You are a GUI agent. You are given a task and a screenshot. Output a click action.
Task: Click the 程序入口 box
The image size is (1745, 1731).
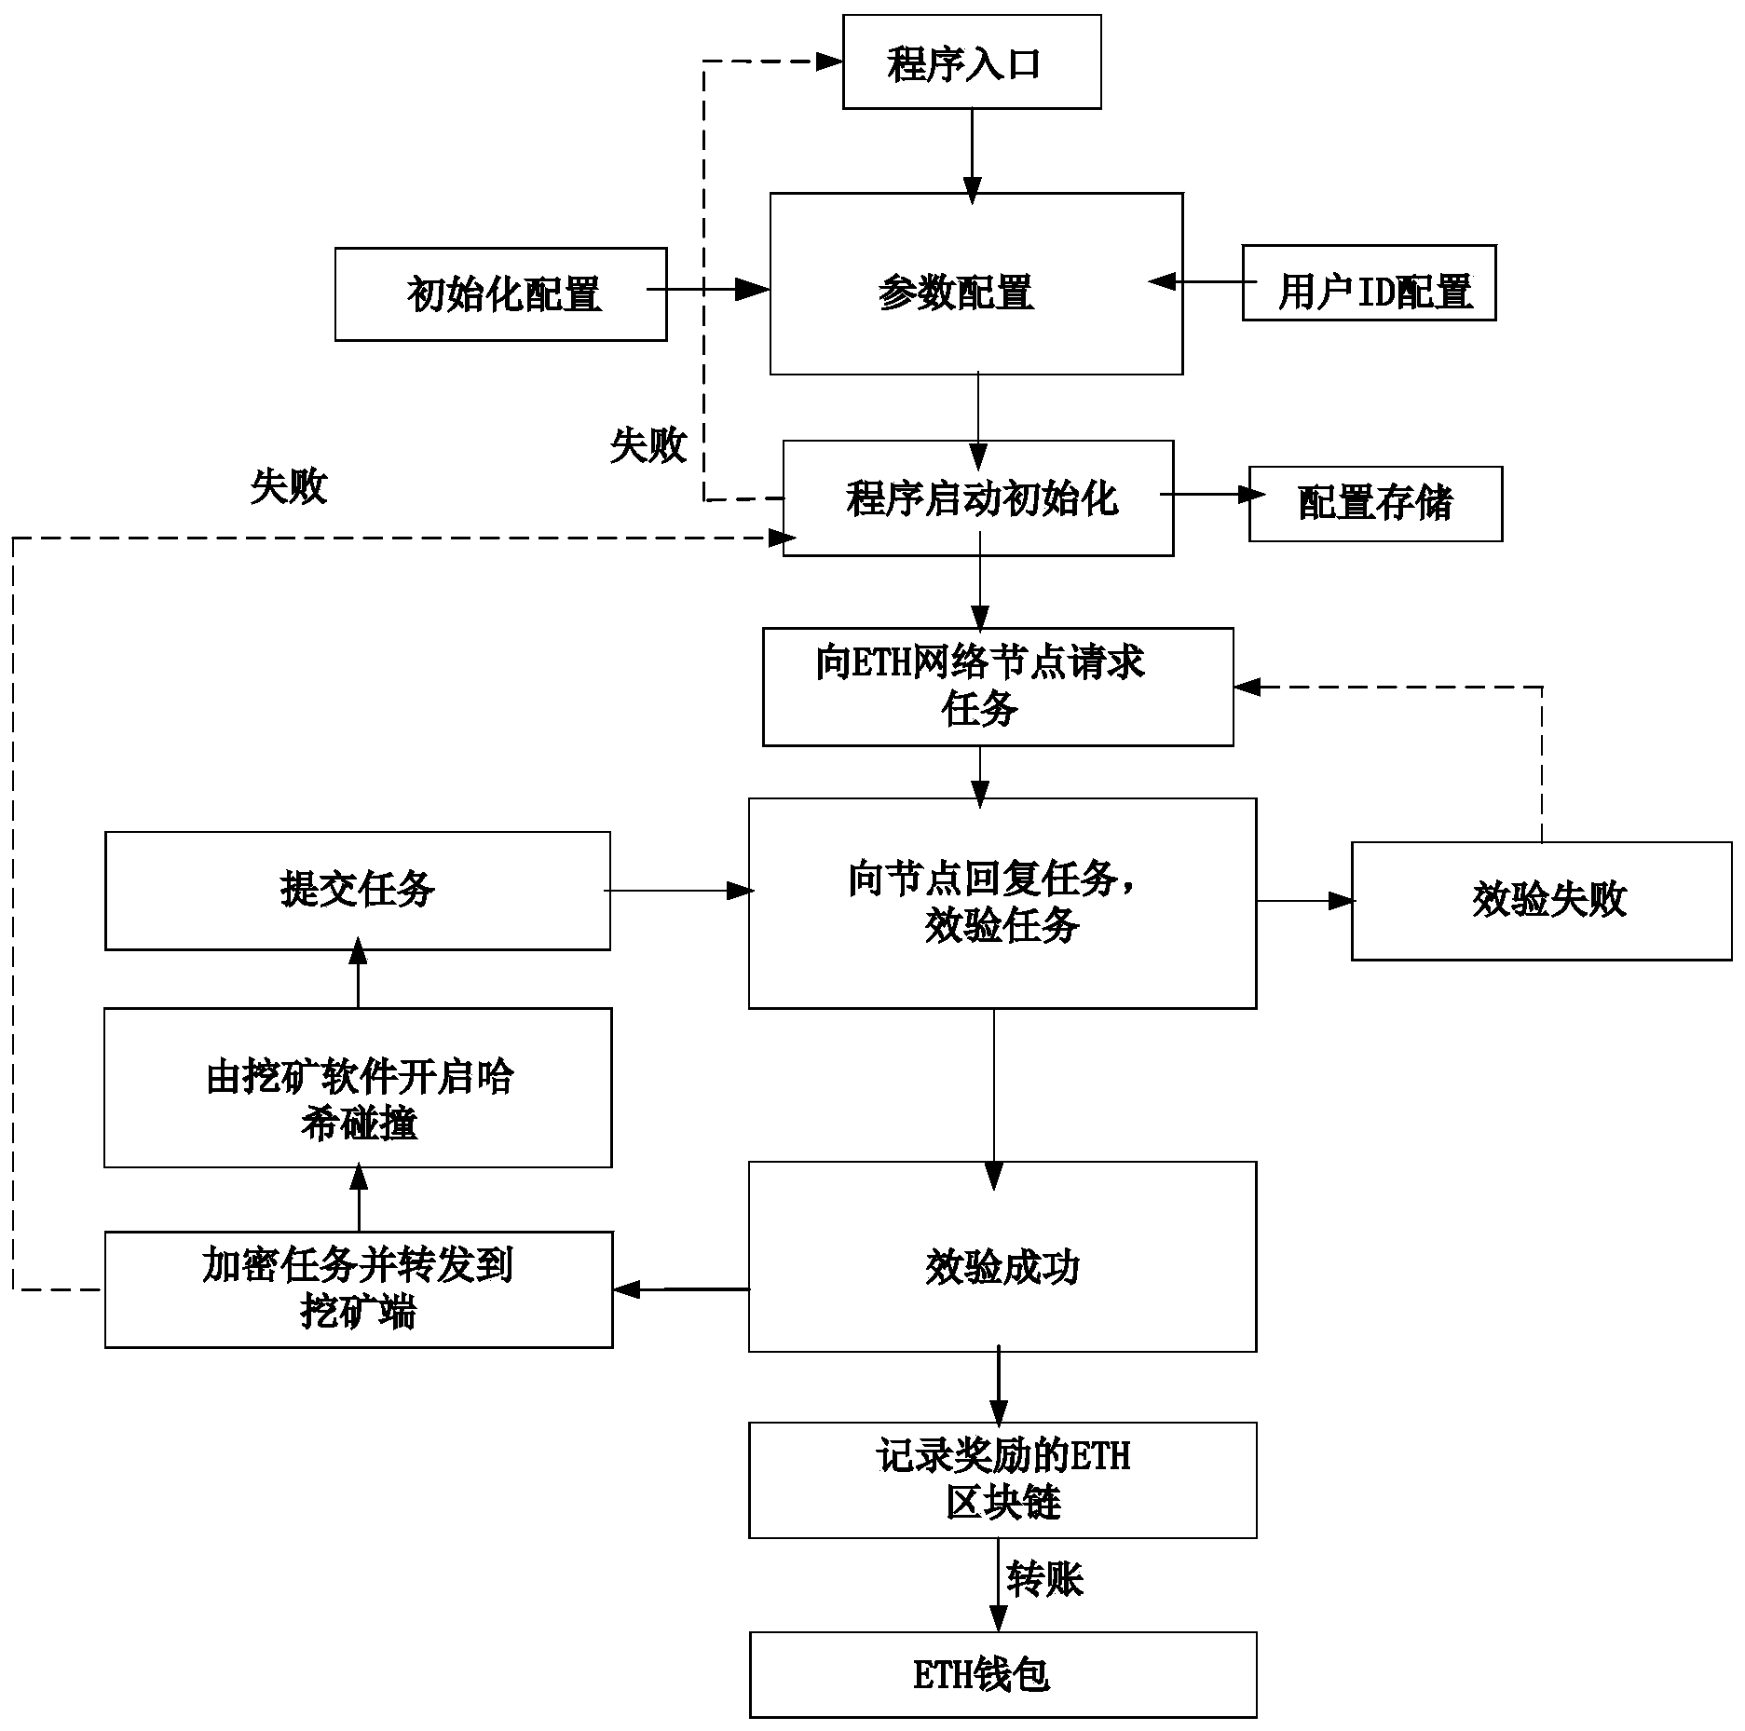point(971,62)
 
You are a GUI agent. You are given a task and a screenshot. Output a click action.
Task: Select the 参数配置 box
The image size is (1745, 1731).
point(975,284)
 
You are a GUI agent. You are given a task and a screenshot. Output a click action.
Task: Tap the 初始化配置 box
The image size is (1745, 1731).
point(500,294)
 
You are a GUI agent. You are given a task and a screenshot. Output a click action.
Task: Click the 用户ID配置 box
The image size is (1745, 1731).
point(1368,283)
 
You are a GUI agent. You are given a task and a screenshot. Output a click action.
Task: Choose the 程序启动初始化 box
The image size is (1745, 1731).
point(977,498)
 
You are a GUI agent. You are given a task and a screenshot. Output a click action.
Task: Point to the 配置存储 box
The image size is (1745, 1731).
point(1374,504)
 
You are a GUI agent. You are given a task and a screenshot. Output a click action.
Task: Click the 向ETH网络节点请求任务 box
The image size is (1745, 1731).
point(997,687)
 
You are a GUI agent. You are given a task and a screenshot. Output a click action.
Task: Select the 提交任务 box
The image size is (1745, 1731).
point(357,891)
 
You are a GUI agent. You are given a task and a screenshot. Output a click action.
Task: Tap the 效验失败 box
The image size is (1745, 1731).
point(1541,901)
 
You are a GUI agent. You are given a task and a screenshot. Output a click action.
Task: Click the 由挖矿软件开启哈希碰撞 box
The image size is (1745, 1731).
point(358,1087)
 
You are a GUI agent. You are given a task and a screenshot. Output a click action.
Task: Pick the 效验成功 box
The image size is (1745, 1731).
point(1002,1257)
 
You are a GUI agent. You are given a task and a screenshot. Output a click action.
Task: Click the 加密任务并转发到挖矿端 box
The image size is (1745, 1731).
point(358,1289)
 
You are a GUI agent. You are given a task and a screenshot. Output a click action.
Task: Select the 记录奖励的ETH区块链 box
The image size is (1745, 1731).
point(1002,1479)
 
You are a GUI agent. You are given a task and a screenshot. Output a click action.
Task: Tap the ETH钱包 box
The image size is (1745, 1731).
point(1002,1674)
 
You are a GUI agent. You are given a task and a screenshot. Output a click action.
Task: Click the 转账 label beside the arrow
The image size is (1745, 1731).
point(1044,1579)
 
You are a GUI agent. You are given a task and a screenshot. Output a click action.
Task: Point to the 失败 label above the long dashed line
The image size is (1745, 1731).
point(289,486)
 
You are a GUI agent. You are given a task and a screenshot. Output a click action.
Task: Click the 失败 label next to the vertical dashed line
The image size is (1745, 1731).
point(648,446)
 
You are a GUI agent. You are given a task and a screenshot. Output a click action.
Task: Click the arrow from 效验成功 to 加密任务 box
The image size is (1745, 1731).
point(680,1289)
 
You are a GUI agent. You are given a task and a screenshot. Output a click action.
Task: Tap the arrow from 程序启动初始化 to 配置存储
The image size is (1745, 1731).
point(1209,496)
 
